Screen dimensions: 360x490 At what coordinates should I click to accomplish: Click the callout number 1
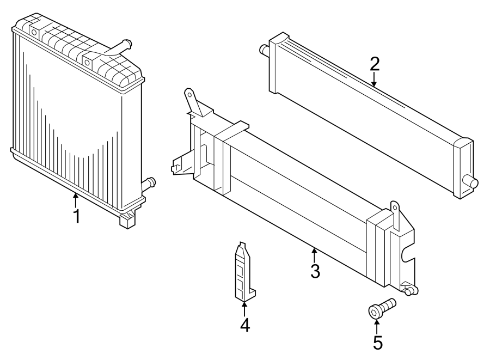click(x=77, y=216)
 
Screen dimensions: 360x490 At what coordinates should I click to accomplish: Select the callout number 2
click(x=374, y=64)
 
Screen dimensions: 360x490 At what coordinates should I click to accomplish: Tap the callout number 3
click(x=315, y=271)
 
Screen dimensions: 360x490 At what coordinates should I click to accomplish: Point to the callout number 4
click(x=244, y=325)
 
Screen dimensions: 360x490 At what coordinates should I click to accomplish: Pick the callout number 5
click(x=377, y=343)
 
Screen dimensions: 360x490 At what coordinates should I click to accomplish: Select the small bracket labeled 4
click(x=244, y=272)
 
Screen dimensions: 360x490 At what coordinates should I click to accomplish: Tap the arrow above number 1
click(x=76, y=198)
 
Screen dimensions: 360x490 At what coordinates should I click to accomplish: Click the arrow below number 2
click(x=374, y=81)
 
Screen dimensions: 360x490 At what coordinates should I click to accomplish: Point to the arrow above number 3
click(x=314, y=253)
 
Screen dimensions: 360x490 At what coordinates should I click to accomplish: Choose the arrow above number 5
click(x=377, y=326)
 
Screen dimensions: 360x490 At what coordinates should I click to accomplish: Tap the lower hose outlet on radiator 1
click(x=148, y=183)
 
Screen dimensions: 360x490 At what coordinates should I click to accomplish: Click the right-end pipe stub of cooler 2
click(x=471, y=182)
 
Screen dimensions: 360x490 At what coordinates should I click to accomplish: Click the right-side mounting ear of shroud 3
click(x=396, y=210)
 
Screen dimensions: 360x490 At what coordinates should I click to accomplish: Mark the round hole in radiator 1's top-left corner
click(x=34, y=33)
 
